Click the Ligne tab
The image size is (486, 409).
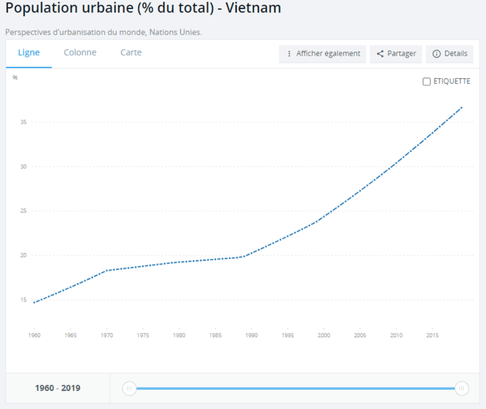[x=29, y=53]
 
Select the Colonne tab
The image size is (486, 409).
[x=80, y=53]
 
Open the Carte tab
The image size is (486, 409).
[x=130, y=53]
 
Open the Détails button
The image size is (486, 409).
[x=449, y=53]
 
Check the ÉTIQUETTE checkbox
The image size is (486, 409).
[x=427, y=82]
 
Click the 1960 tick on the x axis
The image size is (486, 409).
[x=34, y=335]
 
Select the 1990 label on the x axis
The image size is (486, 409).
[x=252, y=335]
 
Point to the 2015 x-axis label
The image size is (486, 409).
[x=433, y=335]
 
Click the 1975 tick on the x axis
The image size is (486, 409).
[x=143, y=335]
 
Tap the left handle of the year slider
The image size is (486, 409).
[x=129, y=388]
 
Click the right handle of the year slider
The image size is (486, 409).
[x=462, y=388]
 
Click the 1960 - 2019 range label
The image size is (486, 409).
[x=57, y=388]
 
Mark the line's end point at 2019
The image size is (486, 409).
[x=462, y=107]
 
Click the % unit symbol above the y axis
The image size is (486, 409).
[x=15, y=78]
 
